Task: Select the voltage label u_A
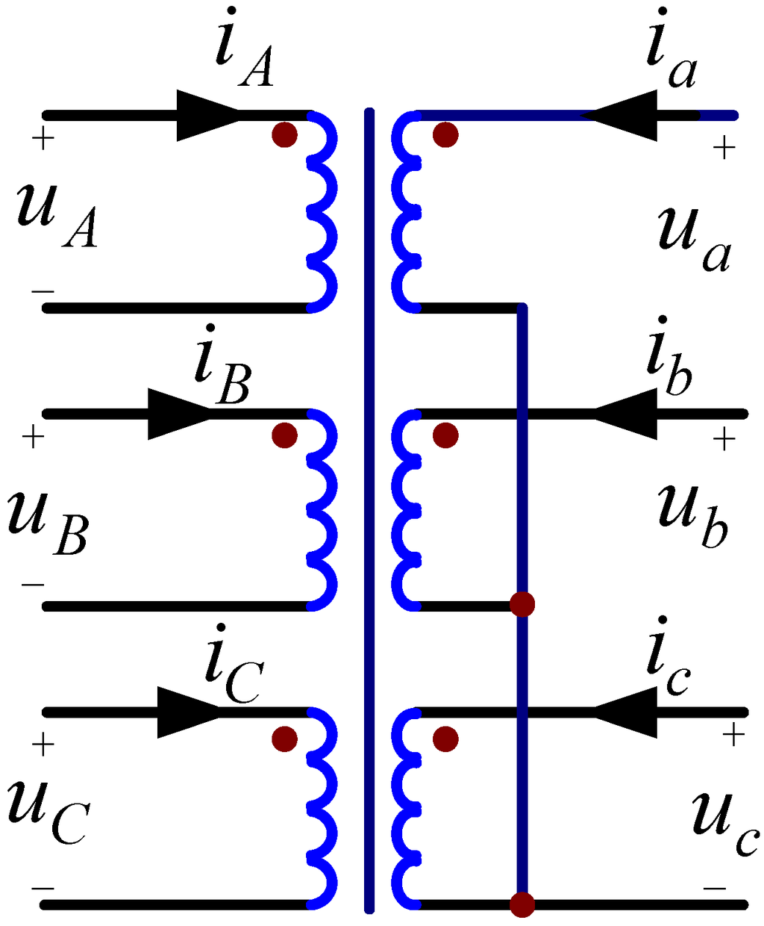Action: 56,213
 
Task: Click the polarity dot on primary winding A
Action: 284,134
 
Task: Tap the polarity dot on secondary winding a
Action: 445,134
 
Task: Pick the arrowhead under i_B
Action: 179,414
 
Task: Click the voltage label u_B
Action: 48,523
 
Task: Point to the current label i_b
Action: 668,362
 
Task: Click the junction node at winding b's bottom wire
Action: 522,603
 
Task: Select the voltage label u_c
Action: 724,821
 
